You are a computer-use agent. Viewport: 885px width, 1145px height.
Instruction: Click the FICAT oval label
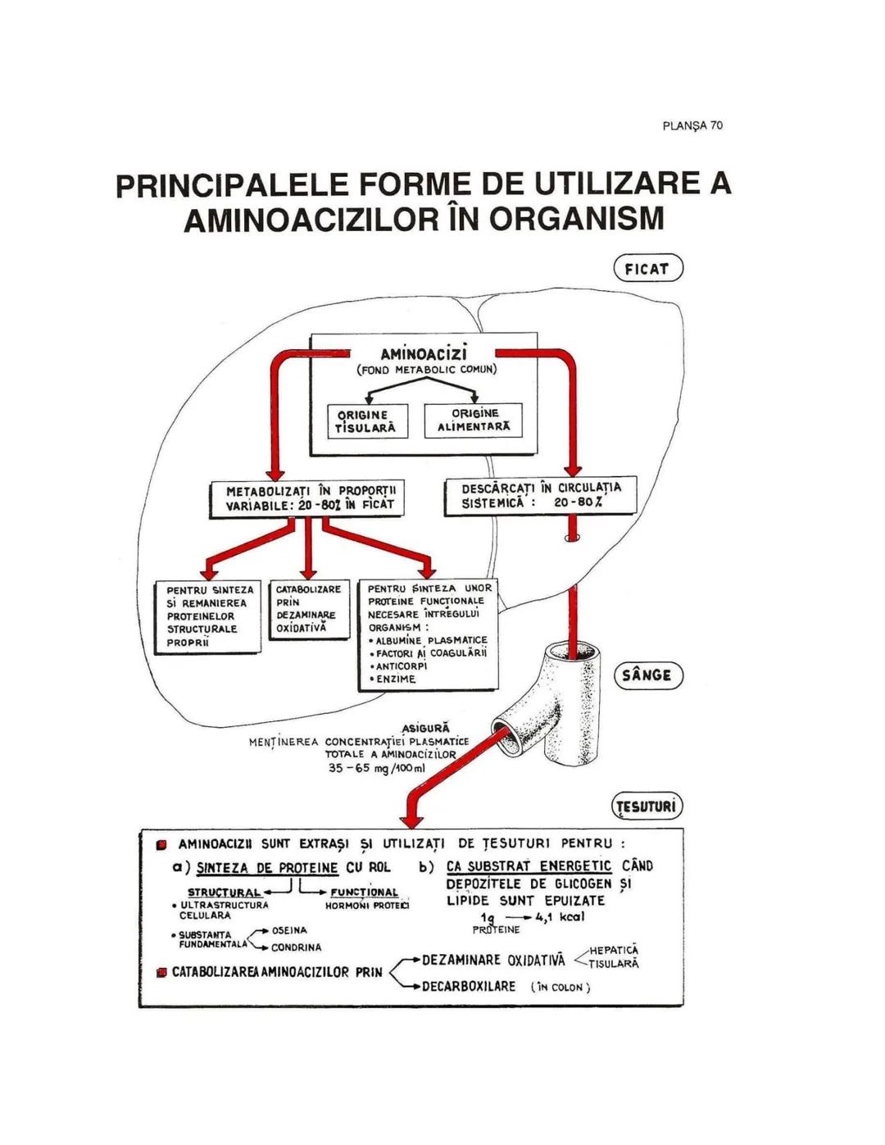pyautogui.click(x=647, y=268)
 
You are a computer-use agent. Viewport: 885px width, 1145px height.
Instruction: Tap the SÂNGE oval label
pyautogui.click(x=647, y=675)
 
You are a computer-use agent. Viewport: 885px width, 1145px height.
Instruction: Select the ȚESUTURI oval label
pyautogui.click(x=647, y=806)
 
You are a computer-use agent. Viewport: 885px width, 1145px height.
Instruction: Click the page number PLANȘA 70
pyautogui.click(x=692, y=125)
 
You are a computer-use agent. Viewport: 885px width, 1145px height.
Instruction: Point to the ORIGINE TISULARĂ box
pyautogui.click(x=366, y=421)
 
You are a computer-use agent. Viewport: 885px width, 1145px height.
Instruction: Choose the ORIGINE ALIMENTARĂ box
pyautogui.click(x=474, y=420)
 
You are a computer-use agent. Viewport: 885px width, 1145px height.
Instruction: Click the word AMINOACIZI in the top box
pyautogui.click(x=424, y=354)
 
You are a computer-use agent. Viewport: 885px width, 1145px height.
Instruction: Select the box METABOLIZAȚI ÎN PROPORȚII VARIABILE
pyautogui.click(x=305, y=498)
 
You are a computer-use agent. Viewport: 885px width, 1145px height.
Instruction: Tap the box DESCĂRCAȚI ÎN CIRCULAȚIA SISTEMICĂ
pyautogui.click(x=541, y=495)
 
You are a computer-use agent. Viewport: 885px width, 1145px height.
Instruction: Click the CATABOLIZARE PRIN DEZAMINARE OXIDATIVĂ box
pyautogui.click(x=308, y=609)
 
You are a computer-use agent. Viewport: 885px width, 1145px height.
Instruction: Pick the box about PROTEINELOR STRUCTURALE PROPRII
pyautogui.click(x=208, y=616)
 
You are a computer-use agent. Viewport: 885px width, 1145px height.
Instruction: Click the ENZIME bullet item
pyautogui.click(x=396, y=679)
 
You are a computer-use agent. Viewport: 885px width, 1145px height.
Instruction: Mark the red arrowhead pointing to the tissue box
pyautogui.click(x=411, y=820)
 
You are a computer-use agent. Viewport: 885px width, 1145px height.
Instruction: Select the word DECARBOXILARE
pyautogui.click(x=469, y=987)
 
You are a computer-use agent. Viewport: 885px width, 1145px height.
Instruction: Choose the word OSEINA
pyautogui.click(x=289, y=930)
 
